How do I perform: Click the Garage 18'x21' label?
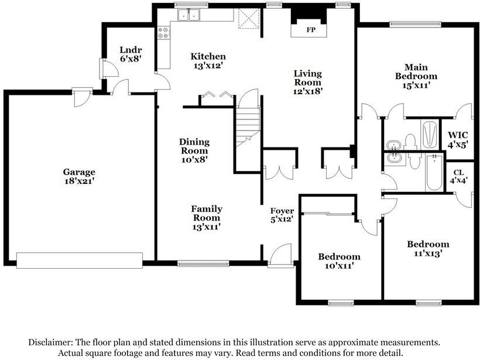click(79, 177)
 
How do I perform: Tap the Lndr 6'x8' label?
click(130, 54)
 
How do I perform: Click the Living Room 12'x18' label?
click(308, 82)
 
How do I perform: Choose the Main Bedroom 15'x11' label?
click(416, 76)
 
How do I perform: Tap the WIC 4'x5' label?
click(458, 139)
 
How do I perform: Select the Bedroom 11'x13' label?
click(428, 249)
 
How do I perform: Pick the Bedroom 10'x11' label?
click(339, 261)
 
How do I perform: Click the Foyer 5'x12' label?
click(282, 215)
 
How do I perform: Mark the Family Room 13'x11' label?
click(207, 217)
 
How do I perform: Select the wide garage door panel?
click(80, 260)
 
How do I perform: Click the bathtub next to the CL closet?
click(434, 173)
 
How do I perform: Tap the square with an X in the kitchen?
click(248, 19)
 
